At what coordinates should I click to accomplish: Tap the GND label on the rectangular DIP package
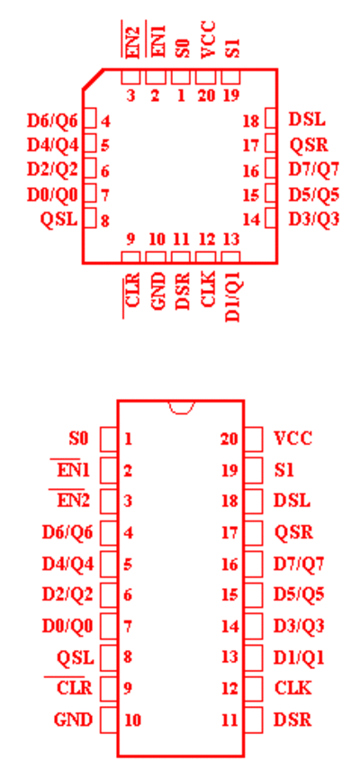pyautogui.click(x=73, y=720)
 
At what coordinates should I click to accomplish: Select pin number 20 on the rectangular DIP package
pyautogui.click(x=229, y=439)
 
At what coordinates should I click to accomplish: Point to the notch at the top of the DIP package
pyautogui.click(x=181, y=407)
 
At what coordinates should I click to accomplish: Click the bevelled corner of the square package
pyautogui.click(x=93, y=79)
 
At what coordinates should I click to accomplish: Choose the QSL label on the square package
pyautogui.click(x=58, y=219)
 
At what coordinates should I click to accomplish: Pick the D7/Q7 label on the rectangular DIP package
pyautogui.click(x=299, y=564)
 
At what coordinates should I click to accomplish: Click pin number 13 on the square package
pyautogui.click(x=231, y=240)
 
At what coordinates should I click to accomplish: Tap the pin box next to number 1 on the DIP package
pyautogui.click(x=108, y=439)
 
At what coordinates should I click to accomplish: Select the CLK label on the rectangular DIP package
pyautogui.click(x=292, y=688)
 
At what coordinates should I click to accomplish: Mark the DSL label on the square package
pyautogui.click(x=307, y=120)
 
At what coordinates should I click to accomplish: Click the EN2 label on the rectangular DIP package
pyautogui.click(x=74, y=501)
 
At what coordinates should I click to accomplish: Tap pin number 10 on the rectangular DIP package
pyautogui.click(x=132, y=720)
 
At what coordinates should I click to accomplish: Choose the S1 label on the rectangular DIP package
pyautogui.click(x=283, y=470)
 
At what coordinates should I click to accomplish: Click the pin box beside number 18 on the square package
pyautogui.click(x=271, y=120)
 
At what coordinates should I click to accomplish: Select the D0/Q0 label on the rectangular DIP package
pyautogui.click(x=67, y=627)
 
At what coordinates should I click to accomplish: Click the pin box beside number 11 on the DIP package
pyautogui.click(x=253, y=720)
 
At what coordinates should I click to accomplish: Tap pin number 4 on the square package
pyautogui.click(x=105, y=121)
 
